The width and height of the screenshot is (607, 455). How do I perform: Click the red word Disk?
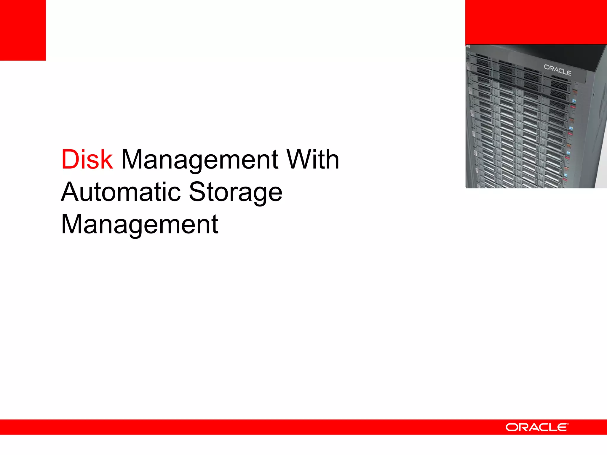87,160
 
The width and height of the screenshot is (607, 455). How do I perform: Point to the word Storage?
236,193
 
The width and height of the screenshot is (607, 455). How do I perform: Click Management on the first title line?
199,160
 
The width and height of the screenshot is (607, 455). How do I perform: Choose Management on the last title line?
140,225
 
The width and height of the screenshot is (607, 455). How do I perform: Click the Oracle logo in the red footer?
537,427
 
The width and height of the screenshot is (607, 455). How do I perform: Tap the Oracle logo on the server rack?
557,70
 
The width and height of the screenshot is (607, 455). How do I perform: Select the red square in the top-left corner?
23,30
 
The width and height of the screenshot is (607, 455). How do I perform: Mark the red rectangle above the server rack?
536,22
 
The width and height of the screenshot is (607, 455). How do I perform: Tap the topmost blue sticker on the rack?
574,101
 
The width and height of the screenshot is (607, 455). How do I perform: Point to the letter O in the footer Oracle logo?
512,427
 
